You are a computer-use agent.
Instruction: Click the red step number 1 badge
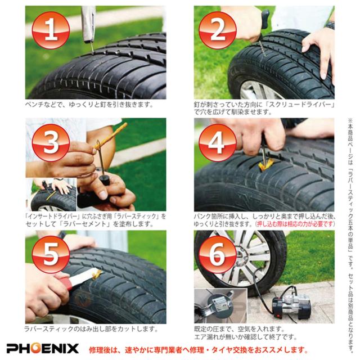(x=51, y=30)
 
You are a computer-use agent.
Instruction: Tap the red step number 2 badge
(x=217, y=30)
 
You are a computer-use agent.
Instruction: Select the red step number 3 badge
(x=51, y=142)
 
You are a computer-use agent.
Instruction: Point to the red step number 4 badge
(x=217, y=142)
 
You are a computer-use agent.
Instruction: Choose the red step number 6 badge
(x=217, y=254)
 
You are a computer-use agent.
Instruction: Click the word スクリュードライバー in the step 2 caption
(x=301, y=104)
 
